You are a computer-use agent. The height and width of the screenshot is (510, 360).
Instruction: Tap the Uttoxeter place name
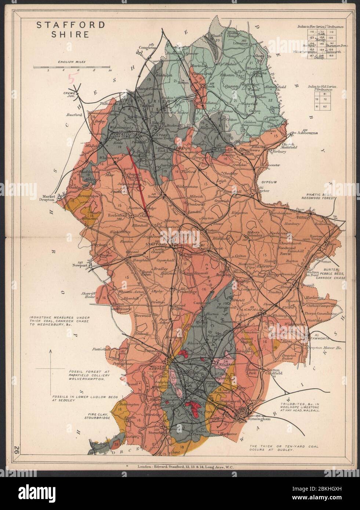tap(259, 191)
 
